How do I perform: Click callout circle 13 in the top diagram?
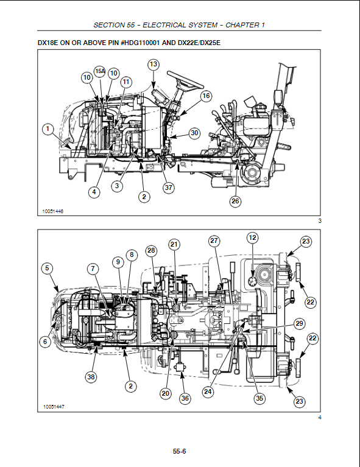coord(153,65)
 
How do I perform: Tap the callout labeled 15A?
coord(100,71)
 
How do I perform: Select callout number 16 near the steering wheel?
coord(206,96)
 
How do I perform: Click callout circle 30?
coord(194,133)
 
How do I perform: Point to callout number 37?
coord(168,188)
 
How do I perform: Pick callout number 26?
coord(235,201)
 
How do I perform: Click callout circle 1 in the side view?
coord(48,129)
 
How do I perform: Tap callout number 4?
coord(94,192)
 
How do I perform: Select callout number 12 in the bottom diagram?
coord(252,237)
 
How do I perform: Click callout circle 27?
coord(214,241)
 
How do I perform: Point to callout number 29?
coord(299,324)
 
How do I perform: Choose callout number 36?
coord(185,398)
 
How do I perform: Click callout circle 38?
coord(91,377)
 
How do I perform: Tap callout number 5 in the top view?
coord(47,269)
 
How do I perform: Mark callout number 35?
coord(259,398)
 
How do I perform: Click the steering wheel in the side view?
coord(185,81)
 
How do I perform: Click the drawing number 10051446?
coord(53,211)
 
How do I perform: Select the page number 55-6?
coord(180,451)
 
